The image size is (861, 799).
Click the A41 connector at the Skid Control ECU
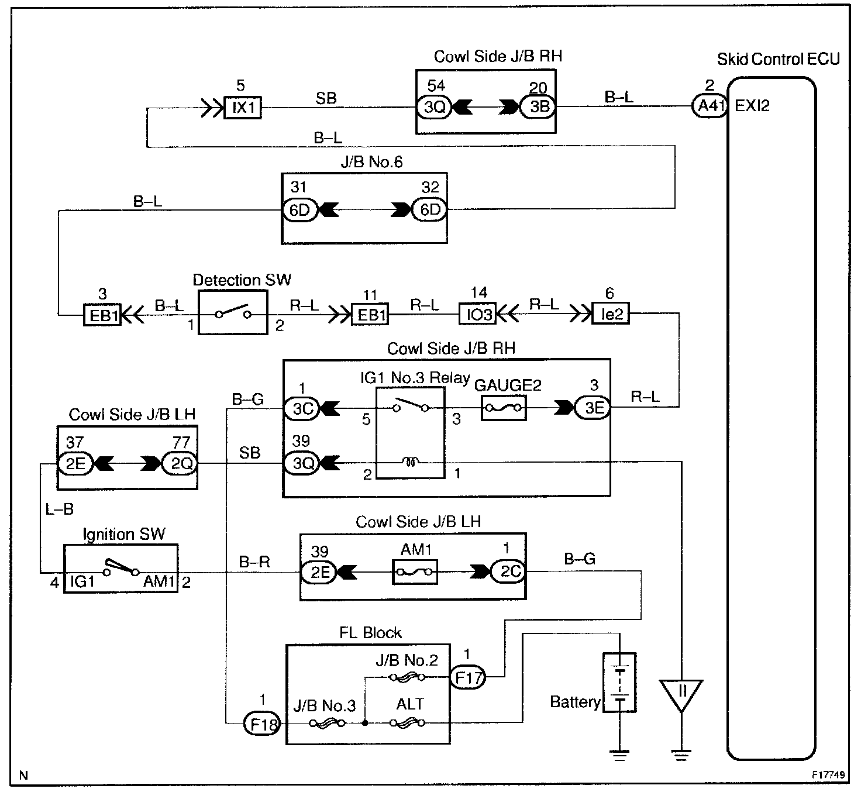point(709,106)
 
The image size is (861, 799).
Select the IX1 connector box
point(243,108)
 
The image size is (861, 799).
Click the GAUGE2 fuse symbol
point(503,408)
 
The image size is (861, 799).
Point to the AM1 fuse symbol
point(414,571)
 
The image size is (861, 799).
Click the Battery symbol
point(619,682)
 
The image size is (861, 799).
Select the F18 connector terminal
point(261,725)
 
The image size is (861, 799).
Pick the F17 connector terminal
point(467,678)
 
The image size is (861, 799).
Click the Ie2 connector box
point(611,314)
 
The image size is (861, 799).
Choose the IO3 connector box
point(478,314)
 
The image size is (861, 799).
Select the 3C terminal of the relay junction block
point(302,408)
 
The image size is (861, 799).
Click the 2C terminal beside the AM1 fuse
point(508,571)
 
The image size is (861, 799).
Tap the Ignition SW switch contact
point(120,569)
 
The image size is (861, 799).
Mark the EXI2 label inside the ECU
point(752,106)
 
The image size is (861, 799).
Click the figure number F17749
point(828,774)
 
